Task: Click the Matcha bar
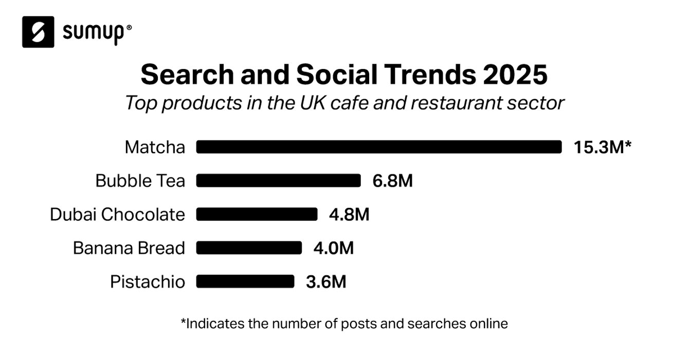coord(379,147)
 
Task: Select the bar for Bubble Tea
coord(278,181)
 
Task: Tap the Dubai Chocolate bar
coord(257,214)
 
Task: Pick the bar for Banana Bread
coord(249,248)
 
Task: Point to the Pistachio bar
coord(245,281)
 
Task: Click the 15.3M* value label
coord(602,147)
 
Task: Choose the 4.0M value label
coord(334,248)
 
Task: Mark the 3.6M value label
coord(326,281)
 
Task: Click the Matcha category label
coord(155,148)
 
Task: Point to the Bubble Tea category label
coord(140,181)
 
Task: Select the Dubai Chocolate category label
coord(117,214)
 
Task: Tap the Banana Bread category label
coord(129,248)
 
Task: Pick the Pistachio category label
coord(148,282)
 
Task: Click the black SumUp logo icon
coord(38,32)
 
